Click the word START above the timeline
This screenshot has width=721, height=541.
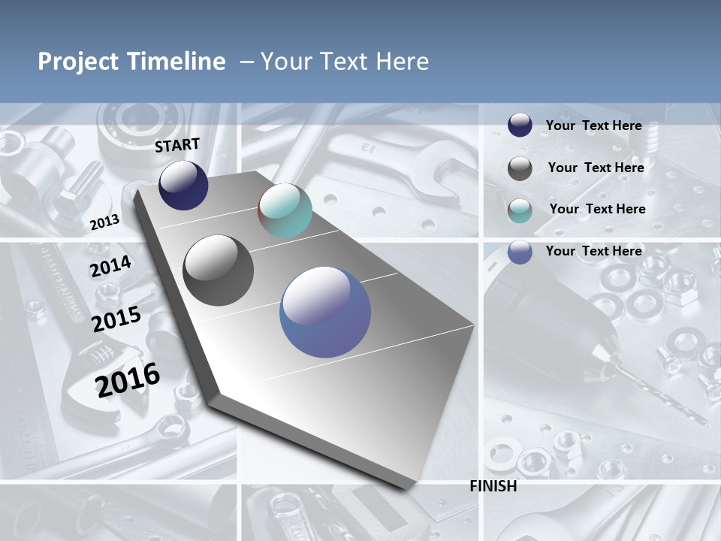pyautogui.click(x=177, y=144)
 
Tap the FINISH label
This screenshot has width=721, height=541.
pyautogui.click(x=493, y=486)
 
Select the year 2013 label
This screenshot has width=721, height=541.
pyautogui.click(x=104, y=222)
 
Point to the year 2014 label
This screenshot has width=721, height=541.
pyautogui.click(x=110, y=267)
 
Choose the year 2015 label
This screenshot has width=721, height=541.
pyautogui.click(x=116, y=319)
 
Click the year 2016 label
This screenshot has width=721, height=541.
pyautogui.click(x=128, y=379)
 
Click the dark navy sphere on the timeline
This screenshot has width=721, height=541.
pyautogui.click(x=183, y=186)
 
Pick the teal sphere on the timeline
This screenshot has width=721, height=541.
pyautogui.click(x=285, y=210)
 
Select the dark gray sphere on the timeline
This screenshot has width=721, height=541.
pyautogui.click(x=219, y=270)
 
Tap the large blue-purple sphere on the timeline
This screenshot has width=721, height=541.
pyautogui.click(x=325, y=313)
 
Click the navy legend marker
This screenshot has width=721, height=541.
pyautogui.click(x=520, y=125)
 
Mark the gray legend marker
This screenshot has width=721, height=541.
pyautogui.click(x=520, y=168)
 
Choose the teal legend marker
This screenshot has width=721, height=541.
pyautogui.click(x=520, y=210)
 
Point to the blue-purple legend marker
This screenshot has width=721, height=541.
pyautogui.click(x=520, y=252)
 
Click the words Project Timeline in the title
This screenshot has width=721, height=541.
pyautogui.click(x=131, y=62)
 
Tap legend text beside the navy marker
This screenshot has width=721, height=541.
pyautogui.click(x=593, y=125)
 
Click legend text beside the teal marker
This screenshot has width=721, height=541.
pyautogui.click(x=597, y=209)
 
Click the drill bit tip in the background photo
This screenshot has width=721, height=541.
pyautogui.click(x=702, y=421)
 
